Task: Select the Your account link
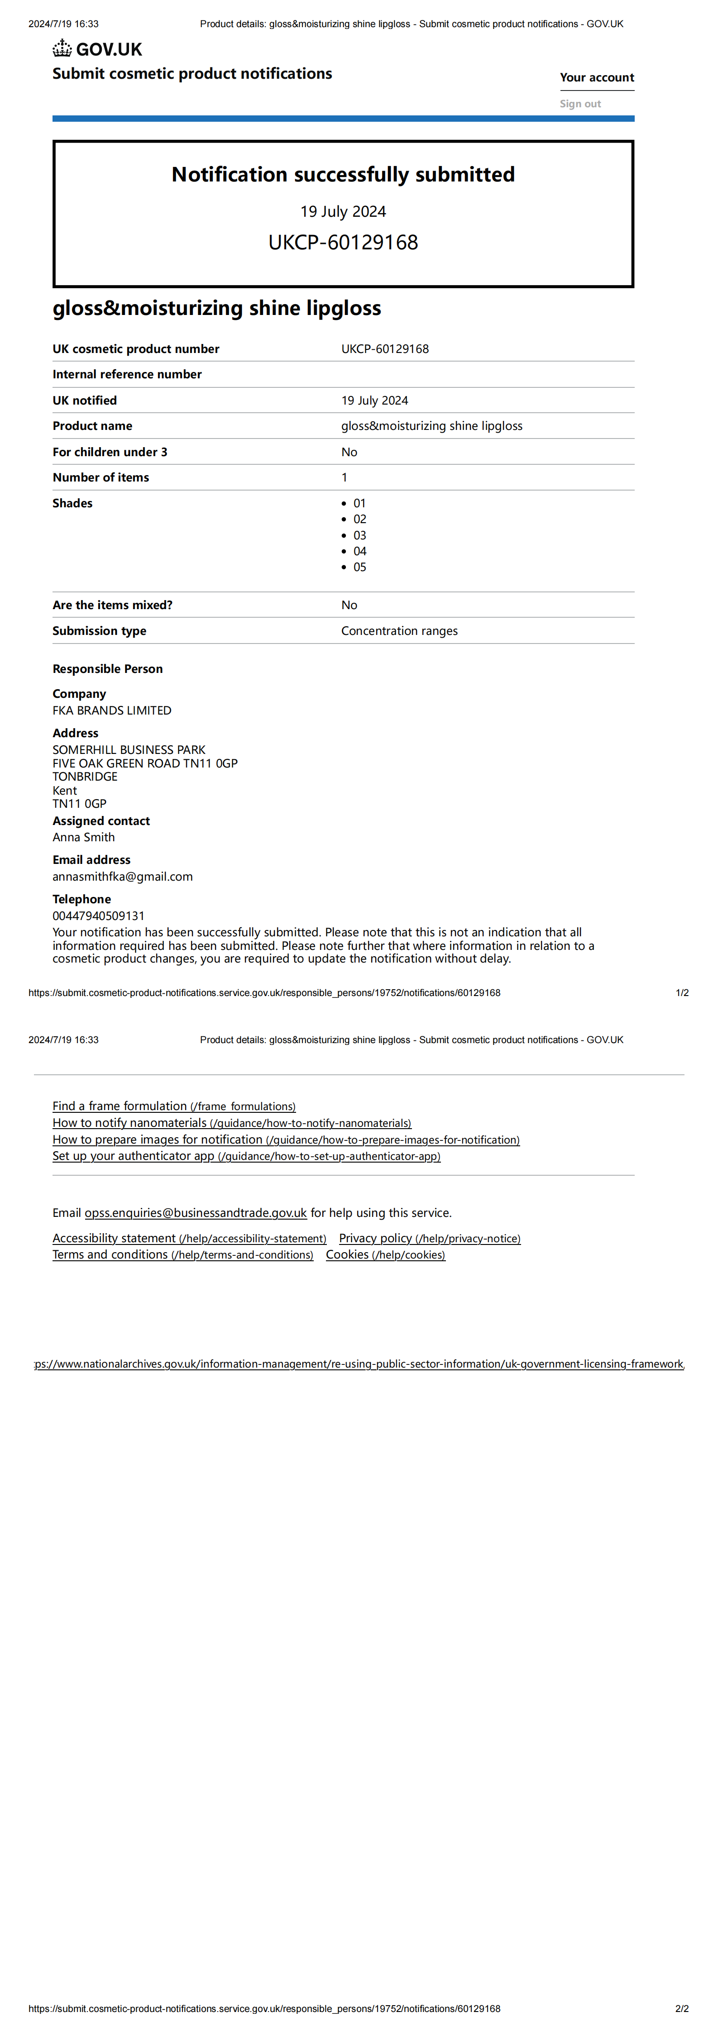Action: tap(597, 77)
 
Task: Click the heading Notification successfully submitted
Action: tap(343, 174)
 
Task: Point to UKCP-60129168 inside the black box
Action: tap(343, 242)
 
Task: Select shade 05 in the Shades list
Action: tap(360, 567)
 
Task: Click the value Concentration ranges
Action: tap(399, 631)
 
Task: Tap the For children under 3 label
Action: tap(110, 452)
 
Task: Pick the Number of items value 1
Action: tap(344, 477)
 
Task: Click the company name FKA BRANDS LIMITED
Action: tap(112, 710)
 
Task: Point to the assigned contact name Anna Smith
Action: tap(84, 837)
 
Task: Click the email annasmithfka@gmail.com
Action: tap(122, 877)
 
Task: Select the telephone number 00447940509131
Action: tap(99, 916)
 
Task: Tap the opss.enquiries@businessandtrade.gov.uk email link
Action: tap(196, 1213)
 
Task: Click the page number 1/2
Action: tap(682, 992)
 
